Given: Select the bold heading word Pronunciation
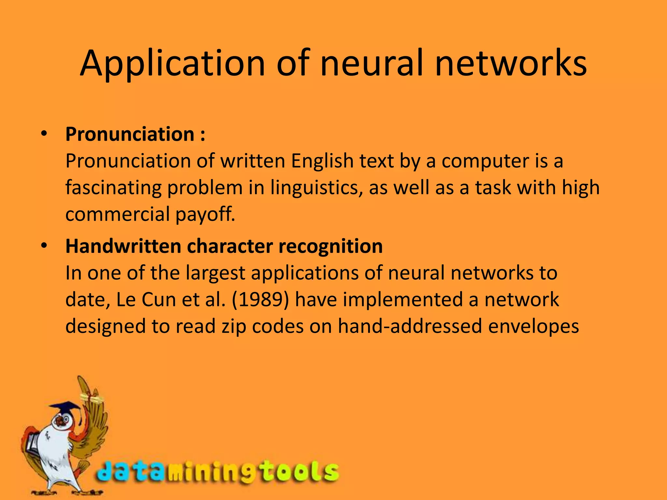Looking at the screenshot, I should [130, 134].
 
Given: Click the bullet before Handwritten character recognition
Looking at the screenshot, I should [44, 245].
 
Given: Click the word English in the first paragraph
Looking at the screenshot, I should [322, 161].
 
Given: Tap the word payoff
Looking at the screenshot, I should [205, 215].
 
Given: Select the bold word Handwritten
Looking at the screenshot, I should [123, 246].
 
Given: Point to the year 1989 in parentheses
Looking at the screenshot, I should [260, 300].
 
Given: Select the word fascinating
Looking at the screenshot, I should [113, 188].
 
